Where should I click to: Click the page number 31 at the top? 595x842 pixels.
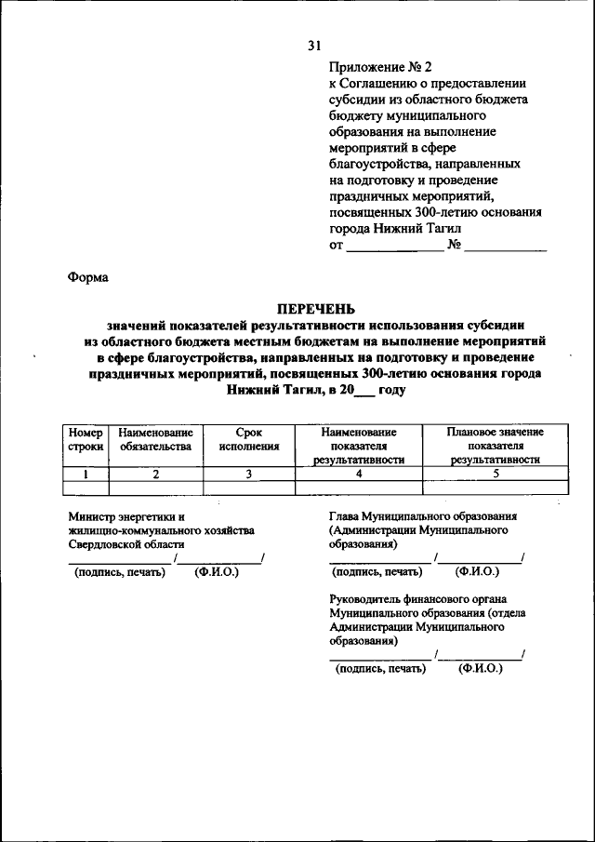pos(314,46)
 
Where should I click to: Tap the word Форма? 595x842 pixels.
pos(87,276)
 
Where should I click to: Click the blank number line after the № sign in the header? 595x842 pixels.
pos(506,247)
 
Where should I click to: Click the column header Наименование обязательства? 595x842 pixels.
pos(155,439)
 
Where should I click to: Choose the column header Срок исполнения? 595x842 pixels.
pos(248,439)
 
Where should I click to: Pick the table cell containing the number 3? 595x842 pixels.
pos(248,474)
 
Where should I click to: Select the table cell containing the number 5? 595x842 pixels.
pos(495,474)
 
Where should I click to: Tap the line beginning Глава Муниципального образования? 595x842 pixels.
pos(423,516)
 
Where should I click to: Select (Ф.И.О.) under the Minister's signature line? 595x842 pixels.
pos(217,572)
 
